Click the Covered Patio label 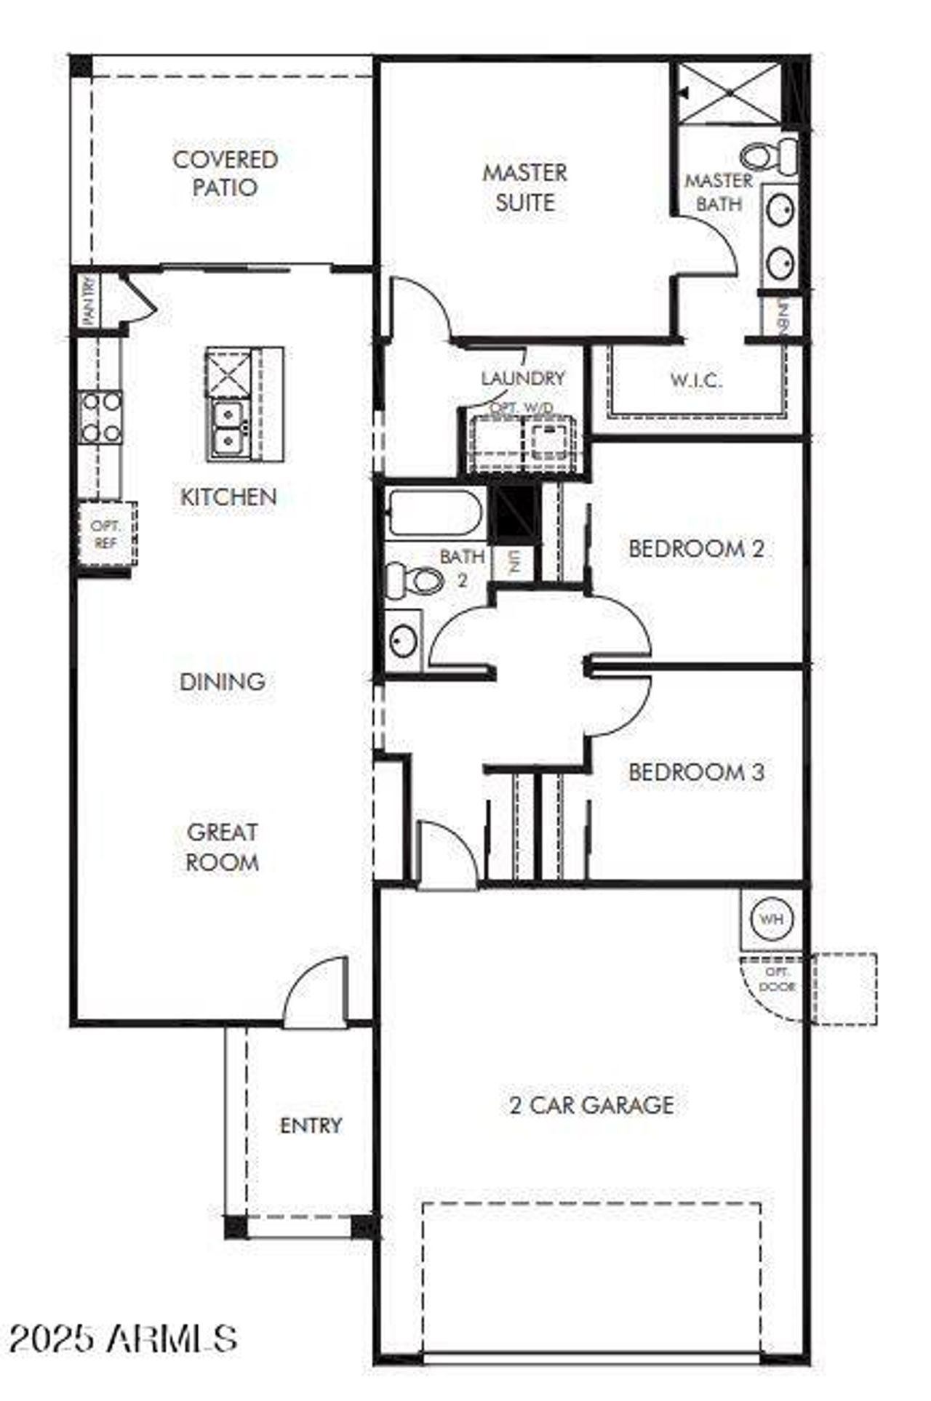point(225,173)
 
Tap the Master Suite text point(524,188)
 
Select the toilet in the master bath point(768,155)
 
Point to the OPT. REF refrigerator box point(106,534)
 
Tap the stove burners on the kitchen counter point(101,417)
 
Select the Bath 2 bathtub point(433,513)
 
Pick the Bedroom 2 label point(696,548)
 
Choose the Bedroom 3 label point(696,771)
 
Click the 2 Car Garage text point(591,1105)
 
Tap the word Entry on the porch point(311,1125)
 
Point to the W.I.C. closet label point(696,380)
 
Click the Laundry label point(523,378)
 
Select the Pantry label point(89,301)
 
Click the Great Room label point(223,847)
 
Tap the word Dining point(223,682)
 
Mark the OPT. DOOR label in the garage point(777,979)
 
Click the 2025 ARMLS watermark point(124,1338)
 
